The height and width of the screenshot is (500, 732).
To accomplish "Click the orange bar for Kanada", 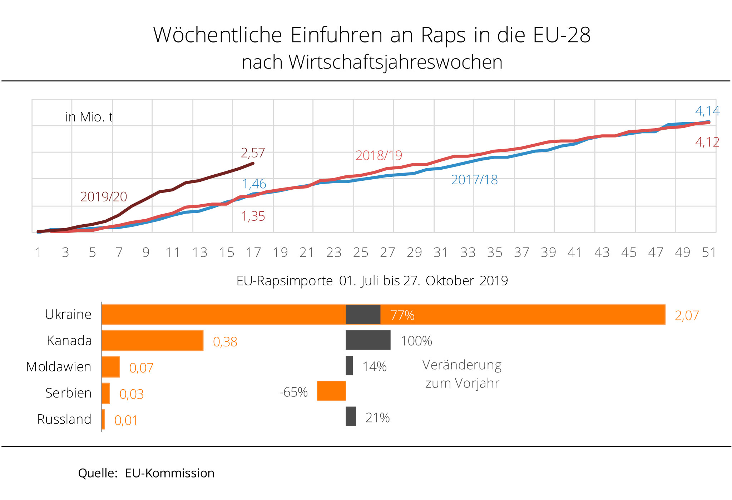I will (152, 340).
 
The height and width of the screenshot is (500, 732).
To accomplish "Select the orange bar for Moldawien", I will (110, 367).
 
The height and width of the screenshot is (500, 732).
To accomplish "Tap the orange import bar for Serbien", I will (105, 393).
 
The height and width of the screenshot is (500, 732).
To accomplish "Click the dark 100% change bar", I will (368, 340).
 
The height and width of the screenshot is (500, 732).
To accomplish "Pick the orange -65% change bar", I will (331, 391).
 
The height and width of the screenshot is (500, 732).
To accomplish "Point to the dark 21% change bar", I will (351, 416).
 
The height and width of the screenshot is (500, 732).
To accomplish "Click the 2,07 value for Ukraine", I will (687, 315).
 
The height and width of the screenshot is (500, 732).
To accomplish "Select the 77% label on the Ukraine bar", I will (402, 315).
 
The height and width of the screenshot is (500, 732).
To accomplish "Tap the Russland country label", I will (64, 419).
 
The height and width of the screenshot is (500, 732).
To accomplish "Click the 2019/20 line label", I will (104, 197).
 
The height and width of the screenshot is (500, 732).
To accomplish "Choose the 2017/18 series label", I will (474, 180).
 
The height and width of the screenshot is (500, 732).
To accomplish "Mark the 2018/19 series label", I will (379, 155).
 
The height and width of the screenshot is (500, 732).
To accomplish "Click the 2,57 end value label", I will (253, 153).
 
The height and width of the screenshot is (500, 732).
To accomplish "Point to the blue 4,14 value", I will (707, 111).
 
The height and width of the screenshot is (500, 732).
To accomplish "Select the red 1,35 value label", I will (253, 216).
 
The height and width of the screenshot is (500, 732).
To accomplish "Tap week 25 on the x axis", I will (361, 252).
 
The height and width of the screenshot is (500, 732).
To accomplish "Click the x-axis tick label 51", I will (709, 252).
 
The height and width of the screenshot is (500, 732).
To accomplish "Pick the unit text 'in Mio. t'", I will (89, 117).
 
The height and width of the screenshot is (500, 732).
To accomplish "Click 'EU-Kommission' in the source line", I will (169, 473).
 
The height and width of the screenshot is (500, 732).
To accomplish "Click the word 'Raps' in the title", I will (444, 35).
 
